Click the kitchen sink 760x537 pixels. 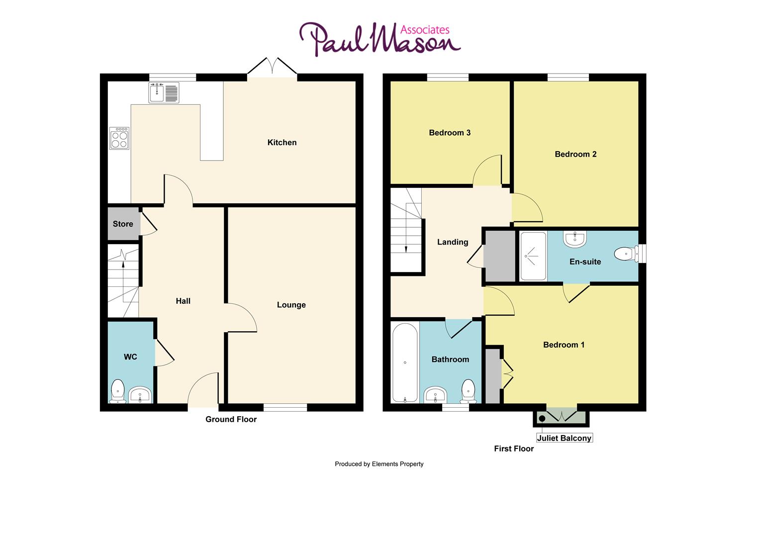click(164, 93)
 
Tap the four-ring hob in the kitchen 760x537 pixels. click(119, 139)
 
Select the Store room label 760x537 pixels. click(123, 224)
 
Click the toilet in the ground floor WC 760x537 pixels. click(118, 391)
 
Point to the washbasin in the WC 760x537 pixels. click(140, 395)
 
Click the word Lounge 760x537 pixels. click(291, 305)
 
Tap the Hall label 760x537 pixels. click(183, 301)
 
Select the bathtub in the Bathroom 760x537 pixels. click(405, 362)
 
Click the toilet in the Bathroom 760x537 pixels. click(469, 391)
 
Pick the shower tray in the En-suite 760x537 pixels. click(532, 256)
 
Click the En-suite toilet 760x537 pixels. click(626, 254)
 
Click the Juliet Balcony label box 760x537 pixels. click(564, 438)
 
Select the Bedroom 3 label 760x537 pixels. click(450, 133)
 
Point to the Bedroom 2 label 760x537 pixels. click(575, 154)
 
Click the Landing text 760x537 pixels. click(453, 242)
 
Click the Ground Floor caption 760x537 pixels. click(231, 419)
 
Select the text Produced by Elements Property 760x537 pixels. click(379, 464)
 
